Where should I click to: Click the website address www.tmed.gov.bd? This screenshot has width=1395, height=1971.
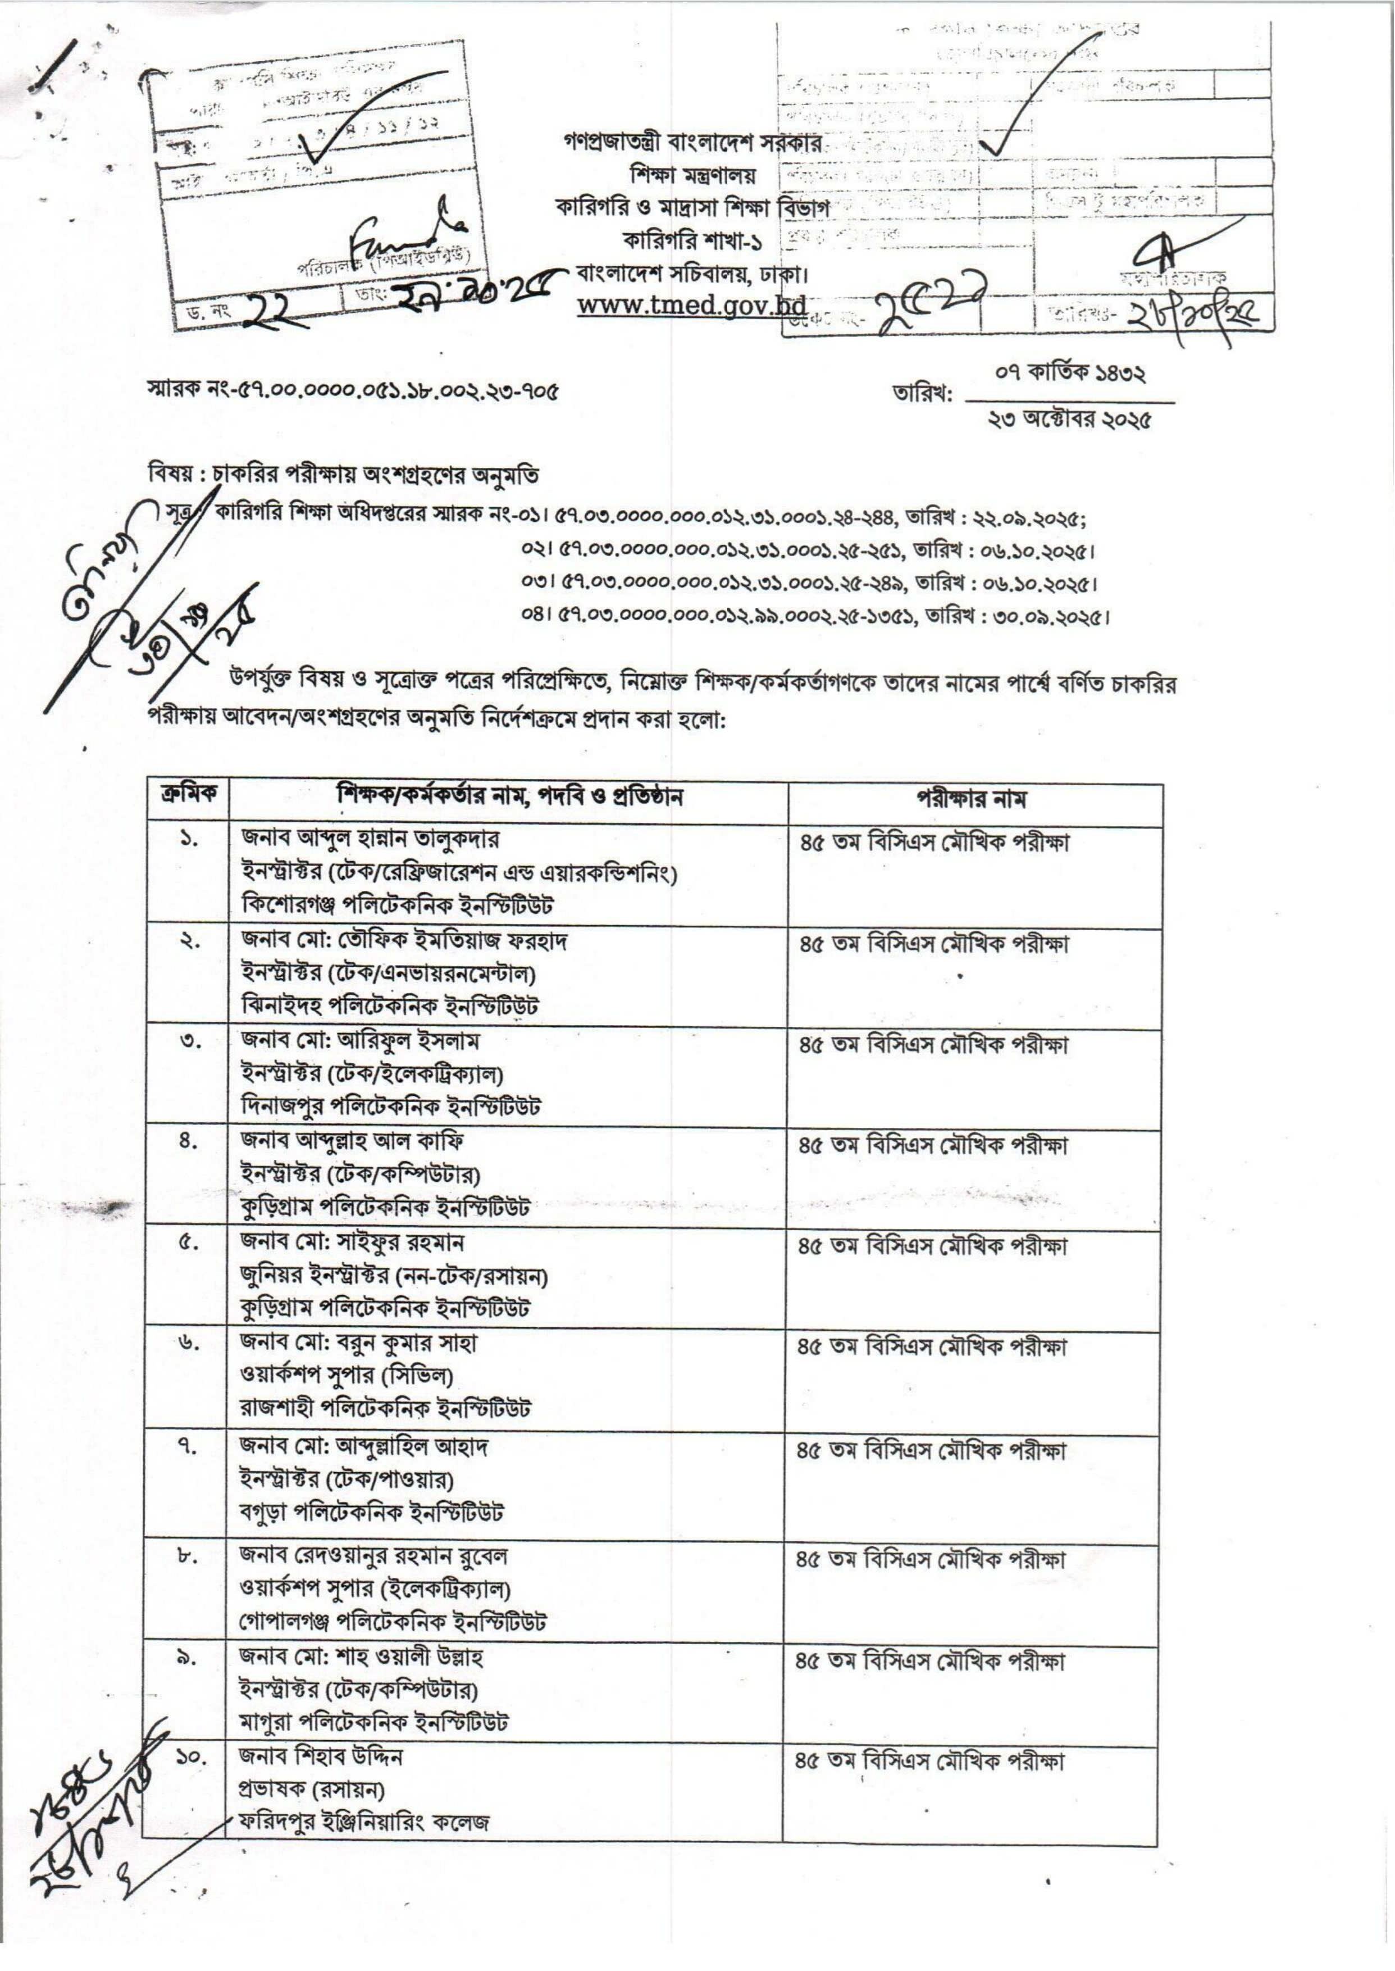click(x=691, y=306)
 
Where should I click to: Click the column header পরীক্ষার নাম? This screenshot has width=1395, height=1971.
click(x=974, y=799)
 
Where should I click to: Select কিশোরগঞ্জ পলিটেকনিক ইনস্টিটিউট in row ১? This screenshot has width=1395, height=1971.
click(x=397, y=905)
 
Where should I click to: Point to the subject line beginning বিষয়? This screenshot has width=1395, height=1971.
click(x=344, y=475)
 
